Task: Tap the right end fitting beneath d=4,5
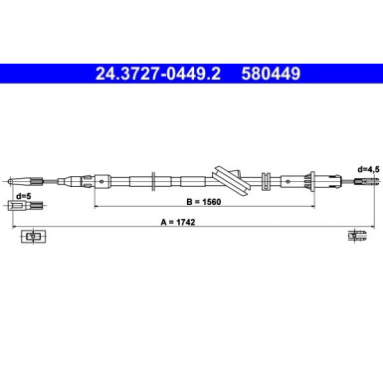click(364, 181)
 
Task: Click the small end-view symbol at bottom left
click(34, 236)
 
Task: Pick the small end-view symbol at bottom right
click(355, 236)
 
